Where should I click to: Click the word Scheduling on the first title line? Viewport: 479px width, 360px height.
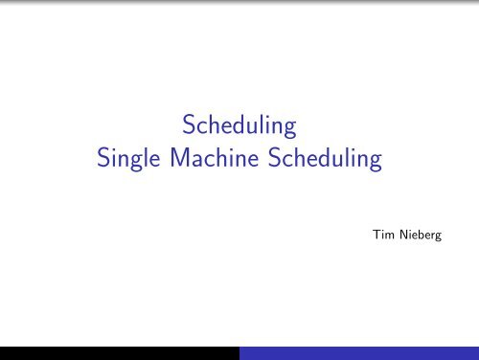(239, 126)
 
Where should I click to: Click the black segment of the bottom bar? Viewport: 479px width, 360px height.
(119, 352)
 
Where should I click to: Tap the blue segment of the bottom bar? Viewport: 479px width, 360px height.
(358, 352)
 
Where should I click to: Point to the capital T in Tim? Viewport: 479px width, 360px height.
(373, 234)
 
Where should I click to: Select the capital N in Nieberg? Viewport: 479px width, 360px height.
(401, 234)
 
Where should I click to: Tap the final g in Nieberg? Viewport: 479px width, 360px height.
(439, 236)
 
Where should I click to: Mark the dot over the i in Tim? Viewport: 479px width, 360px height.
(379, 229)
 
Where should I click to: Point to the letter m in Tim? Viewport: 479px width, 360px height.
(387, 236)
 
